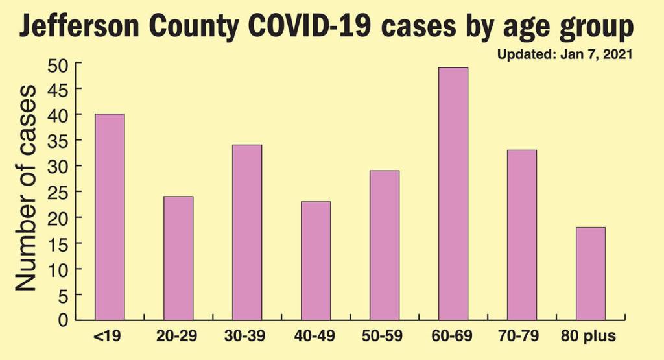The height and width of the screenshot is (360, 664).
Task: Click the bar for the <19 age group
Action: point(110,217)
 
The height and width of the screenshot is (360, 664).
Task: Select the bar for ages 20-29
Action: point(178,258)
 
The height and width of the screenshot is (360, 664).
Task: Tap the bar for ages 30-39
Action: point(247,232)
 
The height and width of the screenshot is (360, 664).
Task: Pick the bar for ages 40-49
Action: point(316,261)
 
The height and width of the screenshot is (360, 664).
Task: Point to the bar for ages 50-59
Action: point(385,245)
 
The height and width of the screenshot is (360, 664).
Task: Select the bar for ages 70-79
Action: point(522,235)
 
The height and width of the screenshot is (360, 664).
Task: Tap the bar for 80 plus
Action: point(591,274)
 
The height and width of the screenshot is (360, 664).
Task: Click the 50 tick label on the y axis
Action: point(60,64)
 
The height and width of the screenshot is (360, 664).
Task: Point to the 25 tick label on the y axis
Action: point(60,192)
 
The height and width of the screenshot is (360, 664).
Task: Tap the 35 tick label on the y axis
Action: point(60,141)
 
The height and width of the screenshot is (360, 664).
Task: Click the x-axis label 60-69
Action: point(453,338)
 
